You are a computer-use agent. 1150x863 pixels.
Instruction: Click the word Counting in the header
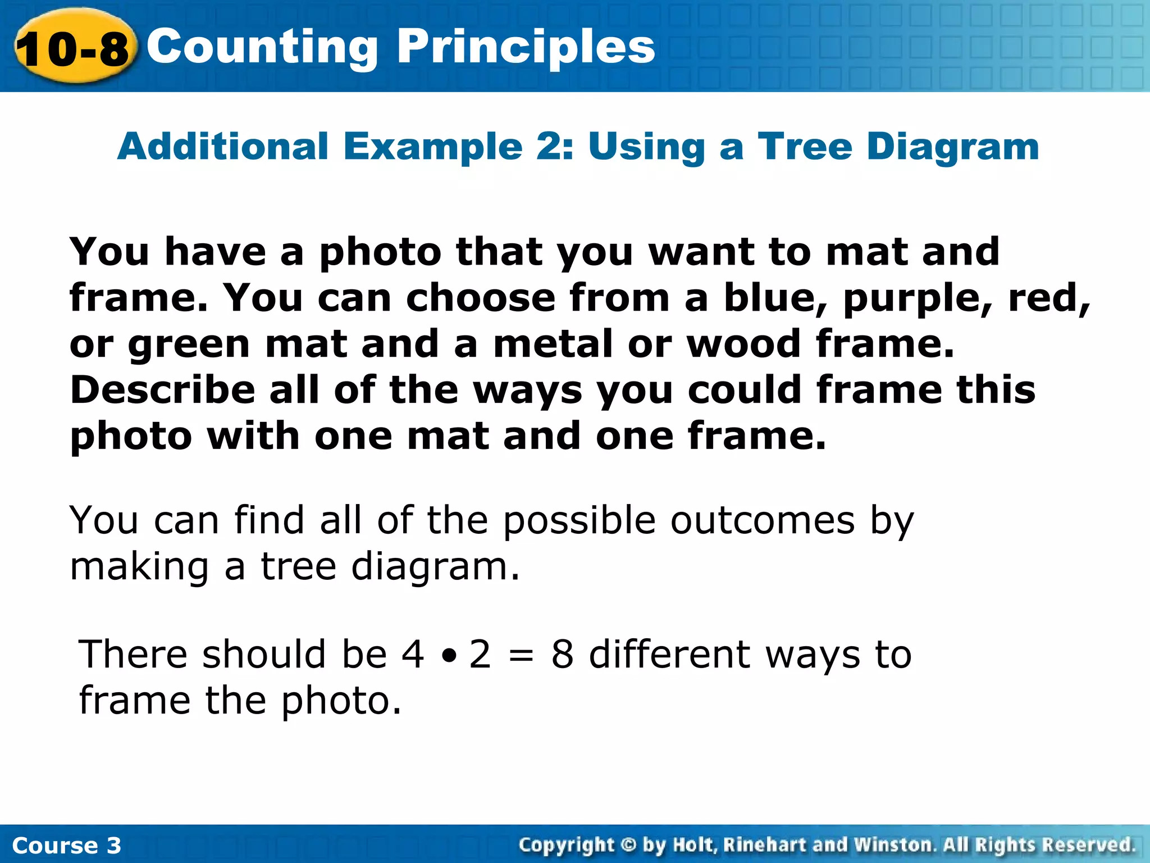pyautogui.click(x=262, y=48)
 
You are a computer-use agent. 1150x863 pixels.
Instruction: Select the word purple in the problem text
pyautogui.click(x=919, y=299)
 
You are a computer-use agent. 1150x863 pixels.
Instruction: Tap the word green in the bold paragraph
pyautogui.click(x=189, y=345)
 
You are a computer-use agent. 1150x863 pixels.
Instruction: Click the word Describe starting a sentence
pyautogui.click(x=162, y=390)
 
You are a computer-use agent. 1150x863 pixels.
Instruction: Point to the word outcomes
pyautogui.click(x=762, y=520)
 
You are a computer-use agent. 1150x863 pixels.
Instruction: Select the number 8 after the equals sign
pyautogui.click(x=562, y=655)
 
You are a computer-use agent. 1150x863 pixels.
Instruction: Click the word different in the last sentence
pyautogui.click(x=669, y=655)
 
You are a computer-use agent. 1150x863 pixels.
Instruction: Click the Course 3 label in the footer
pyautogui.click(x=66, y=846)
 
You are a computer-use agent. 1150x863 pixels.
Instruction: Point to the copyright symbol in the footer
pyautogui.click(x=628, y=844)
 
